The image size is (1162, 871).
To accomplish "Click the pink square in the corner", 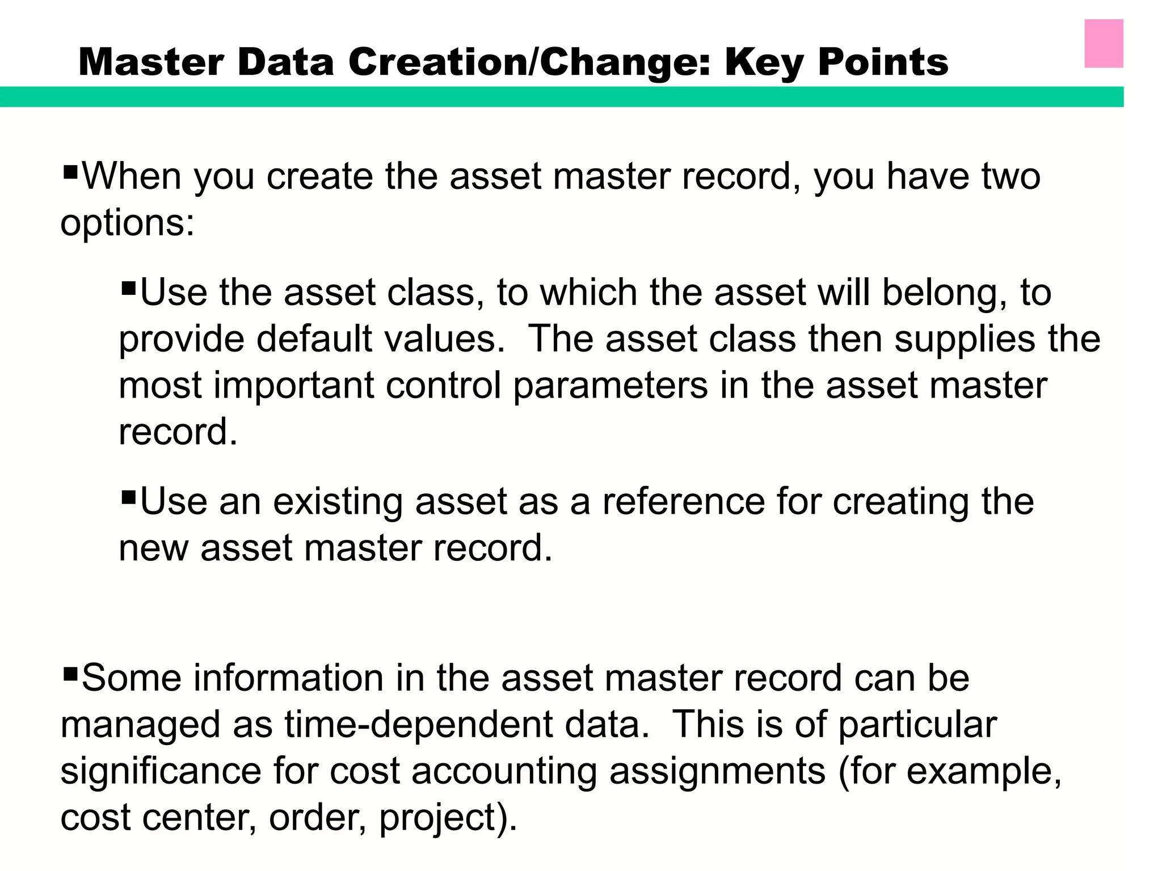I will (1104, 44).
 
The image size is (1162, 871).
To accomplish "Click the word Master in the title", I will (150, 62).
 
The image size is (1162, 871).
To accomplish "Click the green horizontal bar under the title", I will (562, 96).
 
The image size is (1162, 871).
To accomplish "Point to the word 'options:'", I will (128, 223).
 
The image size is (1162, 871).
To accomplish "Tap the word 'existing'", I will (338, 502).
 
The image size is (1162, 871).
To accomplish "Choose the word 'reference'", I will (683, 502).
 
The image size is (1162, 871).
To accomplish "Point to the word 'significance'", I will (161, 771).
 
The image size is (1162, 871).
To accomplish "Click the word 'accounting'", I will (504, 772).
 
